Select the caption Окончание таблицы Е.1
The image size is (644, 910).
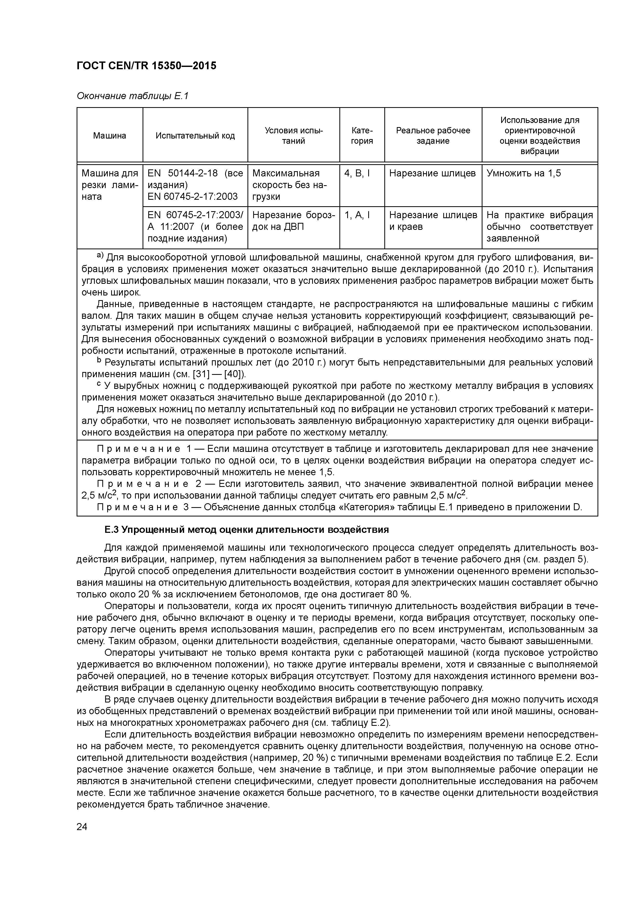click(132, 96)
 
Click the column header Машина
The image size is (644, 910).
click(110, 136)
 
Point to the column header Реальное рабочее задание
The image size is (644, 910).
click(433, 136)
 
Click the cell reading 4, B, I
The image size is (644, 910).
click(357, 173)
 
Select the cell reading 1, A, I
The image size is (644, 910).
click(357, 215)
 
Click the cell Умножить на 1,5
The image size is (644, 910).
click(524, 173)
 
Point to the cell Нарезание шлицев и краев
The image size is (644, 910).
click(433, 221)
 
